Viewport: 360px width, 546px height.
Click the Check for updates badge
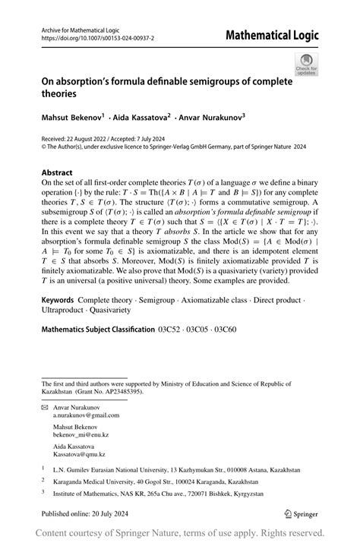[x=307, y=64]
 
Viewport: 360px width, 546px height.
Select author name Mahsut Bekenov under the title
[x=74, y=117]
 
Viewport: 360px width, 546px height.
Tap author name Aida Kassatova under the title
[x=143, y=117]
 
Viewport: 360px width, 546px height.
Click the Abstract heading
[x=58, y=172]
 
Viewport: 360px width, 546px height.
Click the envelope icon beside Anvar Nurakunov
[x=45, y=409]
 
